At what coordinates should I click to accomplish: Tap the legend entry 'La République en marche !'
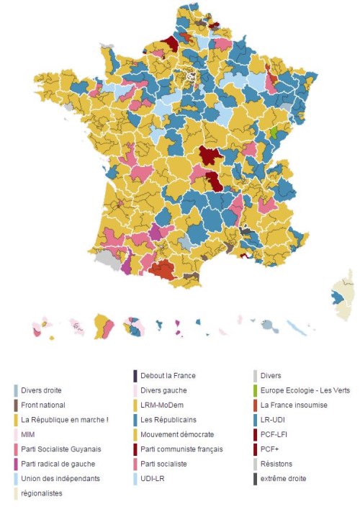point(65,420)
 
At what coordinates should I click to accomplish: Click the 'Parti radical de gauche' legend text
point(58,464)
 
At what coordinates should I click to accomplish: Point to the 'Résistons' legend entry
point(277,464)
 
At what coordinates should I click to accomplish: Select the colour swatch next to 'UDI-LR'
point(135,479)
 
